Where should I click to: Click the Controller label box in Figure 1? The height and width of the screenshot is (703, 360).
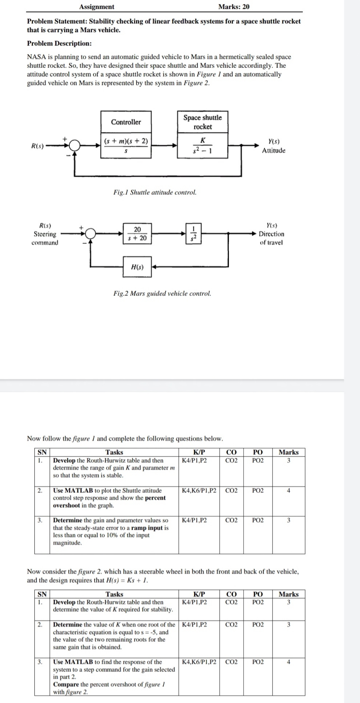click(126, 122)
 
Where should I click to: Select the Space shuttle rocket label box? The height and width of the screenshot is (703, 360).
click(203, 122)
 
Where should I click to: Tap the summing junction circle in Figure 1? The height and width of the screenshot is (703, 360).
click(75, 145)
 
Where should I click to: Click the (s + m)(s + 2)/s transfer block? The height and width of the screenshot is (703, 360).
click(126, 145)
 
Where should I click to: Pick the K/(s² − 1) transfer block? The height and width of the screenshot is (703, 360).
click(203, 145)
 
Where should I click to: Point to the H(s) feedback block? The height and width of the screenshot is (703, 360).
click(137, 267)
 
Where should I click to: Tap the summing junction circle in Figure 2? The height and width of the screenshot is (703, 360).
click(91, 233)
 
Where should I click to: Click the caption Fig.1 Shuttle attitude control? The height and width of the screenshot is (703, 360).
click(155, 192)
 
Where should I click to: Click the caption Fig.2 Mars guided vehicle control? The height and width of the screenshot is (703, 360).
click(162, 293)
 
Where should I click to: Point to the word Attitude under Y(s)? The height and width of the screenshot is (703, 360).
click(274, 150)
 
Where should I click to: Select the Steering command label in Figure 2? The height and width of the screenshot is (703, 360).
click(45, 238)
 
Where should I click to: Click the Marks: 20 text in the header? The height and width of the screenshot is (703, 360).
click(234, 7)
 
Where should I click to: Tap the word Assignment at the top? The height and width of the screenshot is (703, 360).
click(97, 7)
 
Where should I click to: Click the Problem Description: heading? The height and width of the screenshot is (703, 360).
click(59, 43)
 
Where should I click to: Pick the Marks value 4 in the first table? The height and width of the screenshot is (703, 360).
click(289, 491)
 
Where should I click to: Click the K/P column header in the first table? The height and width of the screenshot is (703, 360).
click(199, 452)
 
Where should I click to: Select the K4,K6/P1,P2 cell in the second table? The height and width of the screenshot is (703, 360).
click(199, 662)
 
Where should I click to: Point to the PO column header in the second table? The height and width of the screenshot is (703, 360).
click(258, 594)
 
